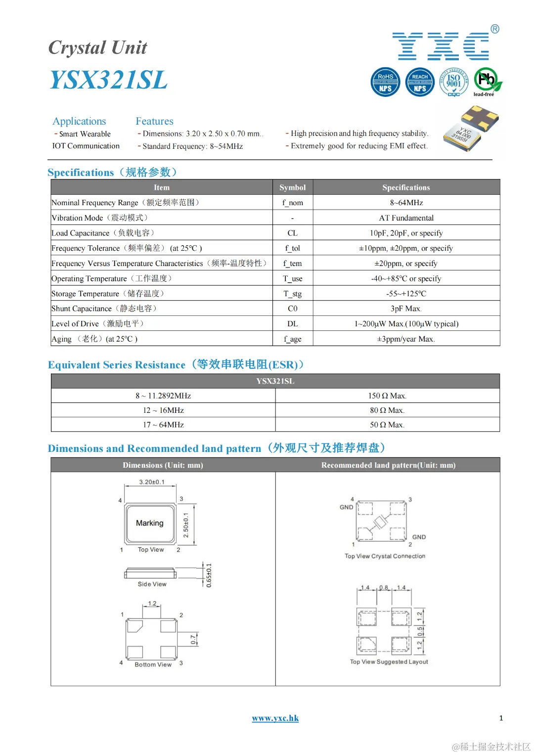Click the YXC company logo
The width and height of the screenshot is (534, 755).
[x=441, y=46]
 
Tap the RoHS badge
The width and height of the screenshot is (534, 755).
[x=385, y=82]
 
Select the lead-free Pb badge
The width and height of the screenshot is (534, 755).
[x=487, y=81]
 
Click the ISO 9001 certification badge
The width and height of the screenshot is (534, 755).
[x=453, y=82]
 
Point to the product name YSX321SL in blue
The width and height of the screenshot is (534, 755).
[x=108, y=80]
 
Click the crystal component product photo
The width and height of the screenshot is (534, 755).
[x=471, y=129]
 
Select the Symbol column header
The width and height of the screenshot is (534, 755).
[x=292, y=187]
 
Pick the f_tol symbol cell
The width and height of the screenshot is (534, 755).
[x=292, y=248]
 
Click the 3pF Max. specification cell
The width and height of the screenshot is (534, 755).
[x=406, y=309]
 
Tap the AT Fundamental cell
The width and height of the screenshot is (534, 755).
[x=406, y=218]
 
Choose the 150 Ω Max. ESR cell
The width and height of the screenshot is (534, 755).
[x=387, y=396]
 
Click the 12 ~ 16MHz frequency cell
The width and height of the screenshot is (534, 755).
[x=163, y=410]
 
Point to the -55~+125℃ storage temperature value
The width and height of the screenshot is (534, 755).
[x=406, y=294]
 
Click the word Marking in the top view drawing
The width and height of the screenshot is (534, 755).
[x=150, y=523]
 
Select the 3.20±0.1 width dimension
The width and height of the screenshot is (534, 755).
[x=152, y=482]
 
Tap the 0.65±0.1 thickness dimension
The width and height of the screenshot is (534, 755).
[x=209, y=575]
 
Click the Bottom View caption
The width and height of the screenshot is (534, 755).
[x=153, y=665]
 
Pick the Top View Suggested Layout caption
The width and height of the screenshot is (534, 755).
[x=389, y=662]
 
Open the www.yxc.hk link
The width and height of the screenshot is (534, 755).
[x=275, y=718]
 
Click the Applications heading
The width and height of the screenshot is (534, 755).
[x=79, y=121]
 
